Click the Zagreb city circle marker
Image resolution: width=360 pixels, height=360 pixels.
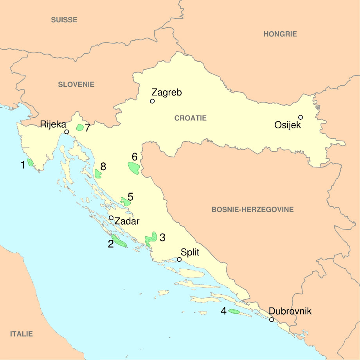tap(152, 101)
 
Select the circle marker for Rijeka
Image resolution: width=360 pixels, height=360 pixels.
tap(67, 132)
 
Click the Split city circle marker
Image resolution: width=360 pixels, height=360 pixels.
tap(179, 259)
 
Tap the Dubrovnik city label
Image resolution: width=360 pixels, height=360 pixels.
tap(290, 311)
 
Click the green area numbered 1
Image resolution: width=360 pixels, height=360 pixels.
tap(31, 162)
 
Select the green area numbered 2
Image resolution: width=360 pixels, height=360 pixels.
tap(118, 241)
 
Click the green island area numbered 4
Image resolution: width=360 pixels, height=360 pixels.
tap(234, 311)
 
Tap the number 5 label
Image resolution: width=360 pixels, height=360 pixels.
tap(130, 197)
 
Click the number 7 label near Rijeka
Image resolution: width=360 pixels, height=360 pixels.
tap(88, 128)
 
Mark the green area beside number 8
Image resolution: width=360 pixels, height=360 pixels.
tap(98, 173)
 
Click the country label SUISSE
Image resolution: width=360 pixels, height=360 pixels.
tap(64, 20)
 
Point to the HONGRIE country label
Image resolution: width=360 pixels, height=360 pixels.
tap(280, 34)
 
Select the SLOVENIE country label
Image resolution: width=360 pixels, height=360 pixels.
tap(76, 84)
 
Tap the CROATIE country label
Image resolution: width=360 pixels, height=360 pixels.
tap(190, 118)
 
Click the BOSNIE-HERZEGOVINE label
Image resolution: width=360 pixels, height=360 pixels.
tap(252, 210)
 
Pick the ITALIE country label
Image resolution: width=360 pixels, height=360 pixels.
tap(22, 334)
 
